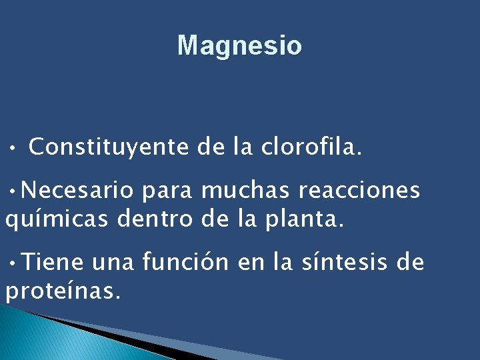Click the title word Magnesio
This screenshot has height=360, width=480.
[239, 46]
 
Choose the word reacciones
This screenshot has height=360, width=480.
[359, 191]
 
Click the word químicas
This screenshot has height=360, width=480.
[57, 219]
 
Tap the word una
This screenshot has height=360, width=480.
[113, 263]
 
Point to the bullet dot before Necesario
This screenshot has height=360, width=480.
[13, 191]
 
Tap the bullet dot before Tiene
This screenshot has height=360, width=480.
[13, 262]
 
